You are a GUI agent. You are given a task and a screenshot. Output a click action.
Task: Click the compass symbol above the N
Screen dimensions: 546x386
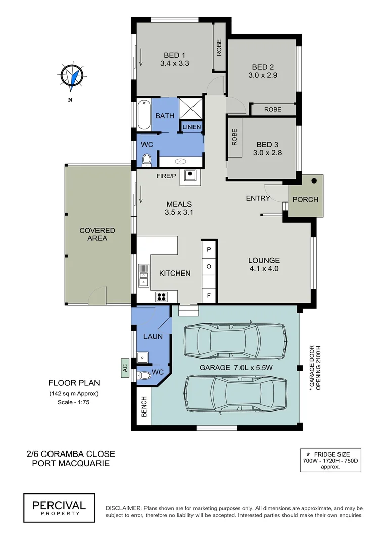[71, 76]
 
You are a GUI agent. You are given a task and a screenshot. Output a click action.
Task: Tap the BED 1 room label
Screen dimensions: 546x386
[174, 55]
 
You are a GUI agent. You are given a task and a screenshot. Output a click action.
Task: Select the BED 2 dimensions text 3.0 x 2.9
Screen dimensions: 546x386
[263, 75]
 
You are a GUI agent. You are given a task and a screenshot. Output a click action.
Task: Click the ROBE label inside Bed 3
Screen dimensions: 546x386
[235, 137]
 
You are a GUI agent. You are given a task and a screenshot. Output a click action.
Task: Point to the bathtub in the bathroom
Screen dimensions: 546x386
[143, 115]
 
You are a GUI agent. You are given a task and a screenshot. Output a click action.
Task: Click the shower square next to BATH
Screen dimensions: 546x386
[191, 108]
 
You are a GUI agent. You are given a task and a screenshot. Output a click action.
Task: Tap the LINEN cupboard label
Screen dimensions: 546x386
[192, 127]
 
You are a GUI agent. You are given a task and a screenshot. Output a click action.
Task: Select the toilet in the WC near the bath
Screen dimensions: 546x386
[146, 160]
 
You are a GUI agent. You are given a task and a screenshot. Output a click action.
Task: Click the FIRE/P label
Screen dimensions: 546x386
[166, 176]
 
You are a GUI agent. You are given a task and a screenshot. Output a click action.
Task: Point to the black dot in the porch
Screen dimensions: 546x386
[314, 180]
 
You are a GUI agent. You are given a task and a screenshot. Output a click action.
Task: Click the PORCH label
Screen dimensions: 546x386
[305, 199]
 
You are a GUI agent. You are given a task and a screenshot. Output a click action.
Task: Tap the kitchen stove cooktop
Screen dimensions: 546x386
[162, 296]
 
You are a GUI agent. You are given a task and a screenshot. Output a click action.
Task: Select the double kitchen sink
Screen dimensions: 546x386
[143, 275]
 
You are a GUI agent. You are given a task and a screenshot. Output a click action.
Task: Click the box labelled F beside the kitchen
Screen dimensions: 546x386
[209, 295]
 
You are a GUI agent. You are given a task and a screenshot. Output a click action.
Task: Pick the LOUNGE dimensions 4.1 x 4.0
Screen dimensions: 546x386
[263, 269]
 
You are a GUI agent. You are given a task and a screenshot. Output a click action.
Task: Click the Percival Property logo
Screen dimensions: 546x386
[59, 508]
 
